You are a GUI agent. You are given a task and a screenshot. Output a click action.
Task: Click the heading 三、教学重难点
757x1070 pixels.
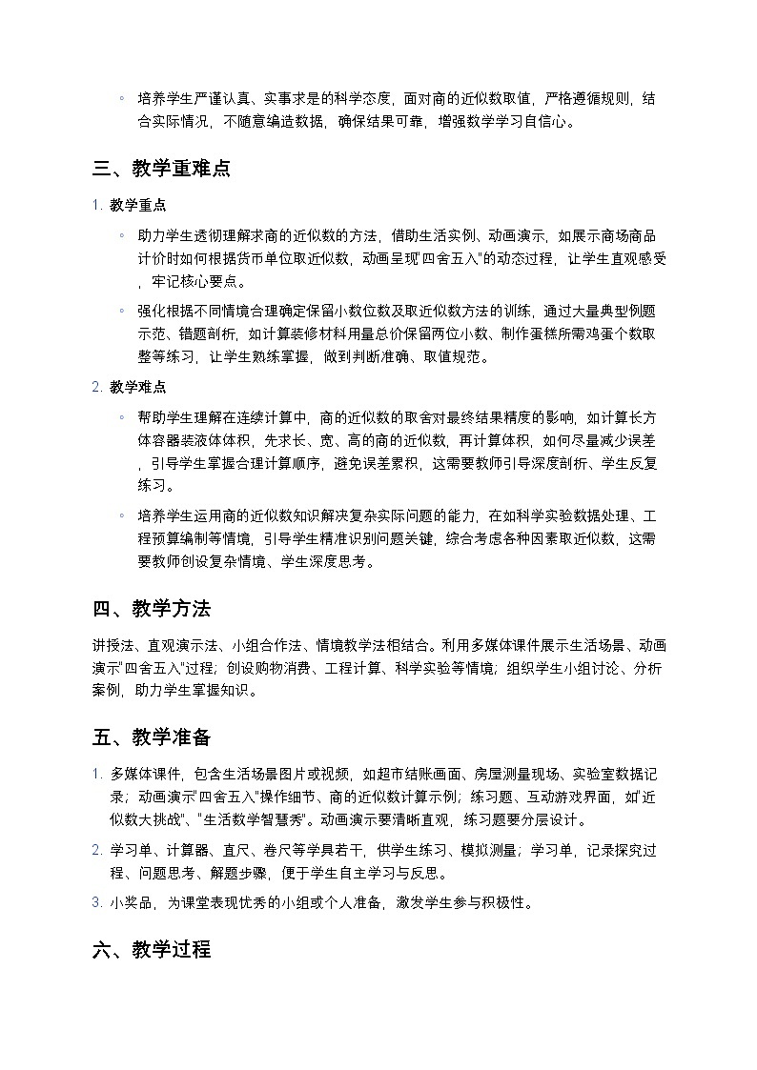[161, 170]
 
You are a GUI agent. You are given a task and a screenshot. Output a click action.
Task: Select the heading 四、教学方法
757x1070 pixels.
[152, 609]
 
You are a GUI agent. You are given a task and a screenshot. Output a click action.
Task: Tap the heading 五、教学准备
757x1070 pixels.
[152, 737]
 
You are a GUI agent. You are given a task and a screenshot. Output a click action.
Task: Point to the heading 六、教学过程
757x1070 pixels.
[152, 950]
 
